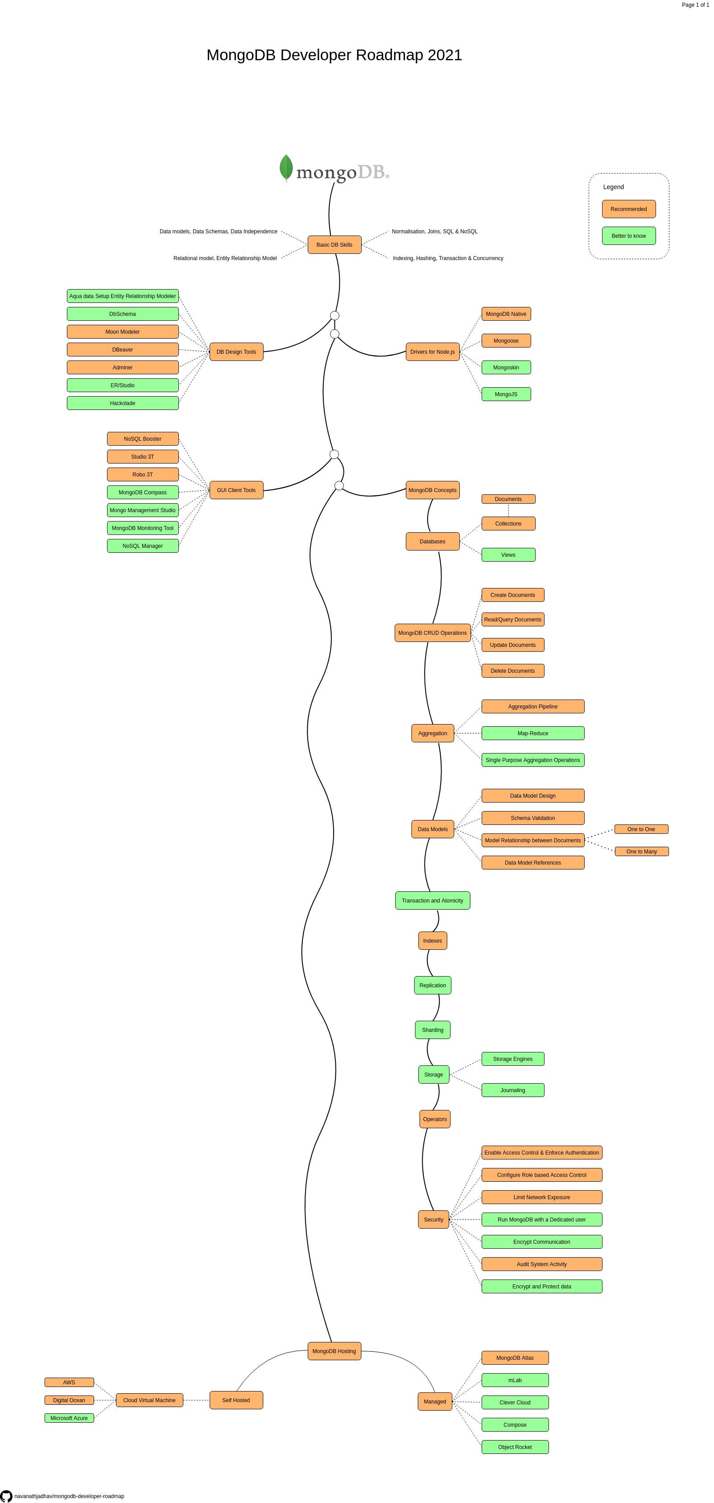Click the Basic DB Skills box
[x=334, y=244]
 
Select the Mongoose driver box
[x=506, y=341]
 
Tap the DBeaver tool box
[x=123, y=349]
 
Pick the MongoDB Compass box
[x=142, y=493]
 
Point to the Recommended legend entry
[x=628, y=209]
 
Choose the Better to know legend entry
[x=628, y=236]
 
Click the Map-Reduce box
[x=532, y=733]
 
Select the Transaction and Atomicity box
[x=432, y=900]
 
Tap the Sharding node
[x=432, y=1030]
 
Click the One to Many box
[x=642, y=851]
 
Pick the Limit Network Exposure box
[x=541, y=1197]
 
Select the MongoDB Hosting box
[x=334, y=1351]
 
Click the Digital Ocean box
[x=69, y=1400]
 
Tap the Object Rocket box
[x=515, y=1446]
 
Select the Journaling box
[x=513, y=1090]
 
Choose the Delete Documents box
[x=513, y=671]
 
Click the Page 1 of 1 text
[x=695, y=4]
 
